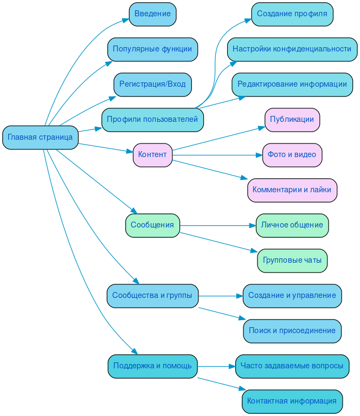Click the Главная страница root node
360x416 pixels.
pyautogui.click(x=40, y=137)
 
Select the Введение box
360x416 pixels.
pyautogui.click(x=152, y=14)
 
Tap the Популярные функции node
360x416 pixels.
pyautogui.click(x=152, y=49)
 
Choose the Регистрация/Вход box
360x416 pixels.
pyautogui.click(x=152, y=84)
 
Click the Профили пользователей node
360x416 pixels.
pyautogui.click(x=152, y=120)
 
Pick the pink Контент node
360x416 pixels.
pyautogui.click(x=152, y=155)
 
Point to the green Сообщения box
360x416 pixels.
pyautogui.click(x=152, y=225)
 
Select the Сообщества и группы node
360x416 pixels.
pyautogui.click(x=152, y=296)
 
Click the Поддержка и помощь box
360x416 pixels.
pyautogui.click(x=152, y=366)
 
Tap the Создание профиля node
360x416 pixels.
pyautogui.click(x=292, y=14)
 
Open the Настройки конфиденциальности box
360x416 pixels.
pyautogui.click(x=292, y=49)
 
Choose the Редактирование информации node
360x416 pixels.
pyautogui.click(x=292, y=84)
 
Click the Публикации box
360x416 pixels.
pyautogui.click(x=292, y=120)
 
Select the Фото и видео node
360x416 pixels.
pyautogui.click(x=292, y=155)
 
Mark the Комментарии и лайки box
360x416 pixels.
pyautogui.click(x=292, y=190)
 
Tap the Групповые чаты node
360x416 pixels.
pyautogui.click(x=292, y=261)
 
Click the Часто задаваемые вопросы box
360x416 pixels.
pyautogui.click(x=292, y=366)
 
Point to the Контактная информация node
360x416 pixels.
pyautogui.click(x=292, y=401)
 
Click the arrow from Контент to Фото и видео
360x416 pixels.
pyautogui.click(x=217, y=155)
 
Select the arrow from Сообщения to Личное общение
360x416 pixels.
pyautogui.click(x=217, y=225)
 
